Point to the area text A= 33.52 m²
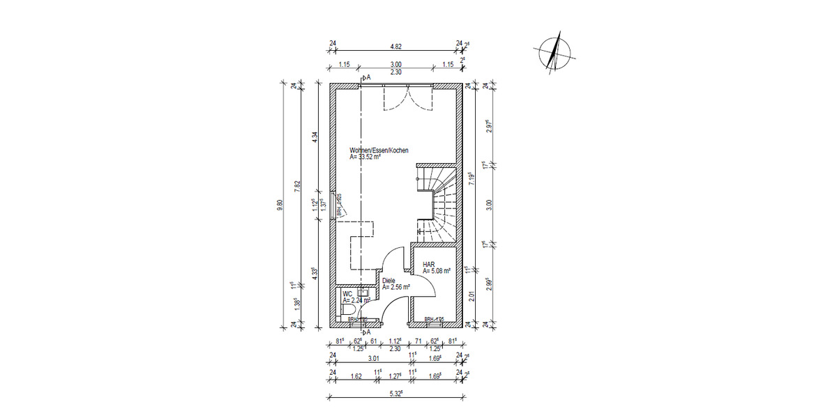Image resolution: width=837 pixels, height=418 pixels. click(x=365, y=157)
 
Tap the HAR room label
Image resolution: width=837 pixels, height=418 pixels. click(x=429, y=264)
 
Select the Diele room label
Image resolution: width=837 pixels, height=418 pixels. click(x=389, y=280)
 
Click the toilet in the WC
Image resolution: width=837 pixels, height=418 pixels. click(x=348, y=309)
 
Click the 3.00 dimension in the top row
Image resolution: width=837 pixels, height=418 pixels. click(x=395, y=65)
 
